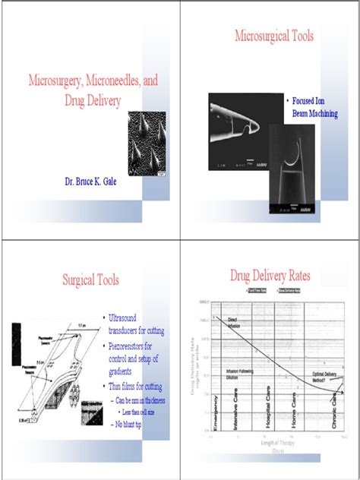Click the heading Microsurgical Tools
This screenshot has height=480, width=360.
tap(273, 36)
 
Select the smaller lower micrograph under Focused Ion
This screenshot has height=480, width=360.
tap(292, 178)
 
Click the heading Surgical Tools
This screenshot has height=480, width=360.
tap(90, 280)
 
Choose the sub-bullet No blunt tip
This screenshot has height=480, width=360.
tap(128, 424)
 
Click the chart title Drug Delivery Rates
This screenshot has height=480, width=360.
tap(270, 275)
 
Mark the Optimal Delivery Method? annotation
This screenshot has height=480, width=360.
tap(327, 377)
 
